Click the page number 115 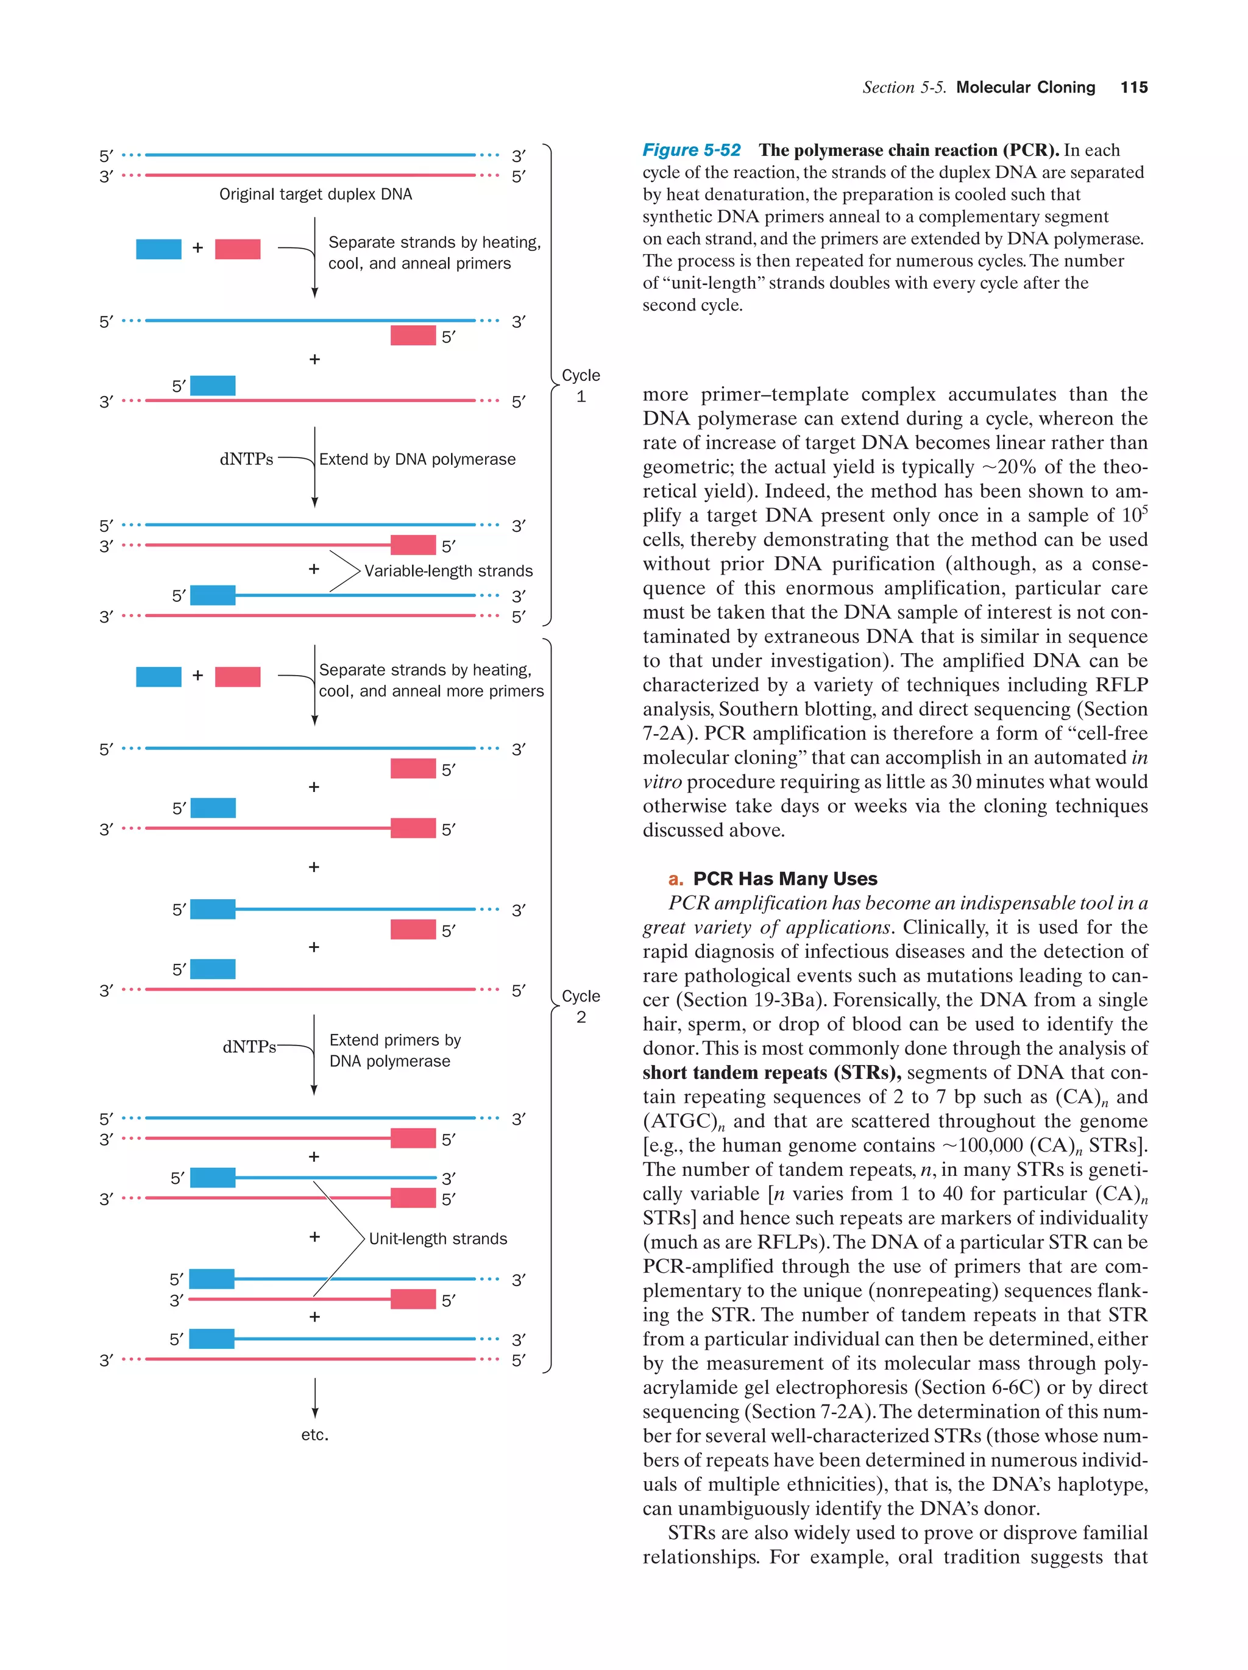[x=1133, y=88]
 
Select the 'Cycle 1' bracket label [x=581, y=386]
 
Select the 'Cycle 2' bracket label [x=581, y=1007]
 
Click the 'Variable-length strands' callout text [x=448, y=571]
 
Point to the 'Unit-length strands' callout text [x=438, y=1239]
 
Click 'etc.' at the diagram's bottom [x=315, y=1434]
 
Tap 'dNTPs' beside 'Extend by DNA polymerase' [x=246, y=459]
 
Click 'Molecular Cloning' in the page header [x=1026, y=88]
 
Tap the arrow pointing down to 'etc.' [x=315, y=1399]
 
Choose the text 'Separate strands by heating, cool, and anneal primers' [x=433, y=253]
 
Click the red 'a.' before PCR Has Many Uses [x=676, y=879]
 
